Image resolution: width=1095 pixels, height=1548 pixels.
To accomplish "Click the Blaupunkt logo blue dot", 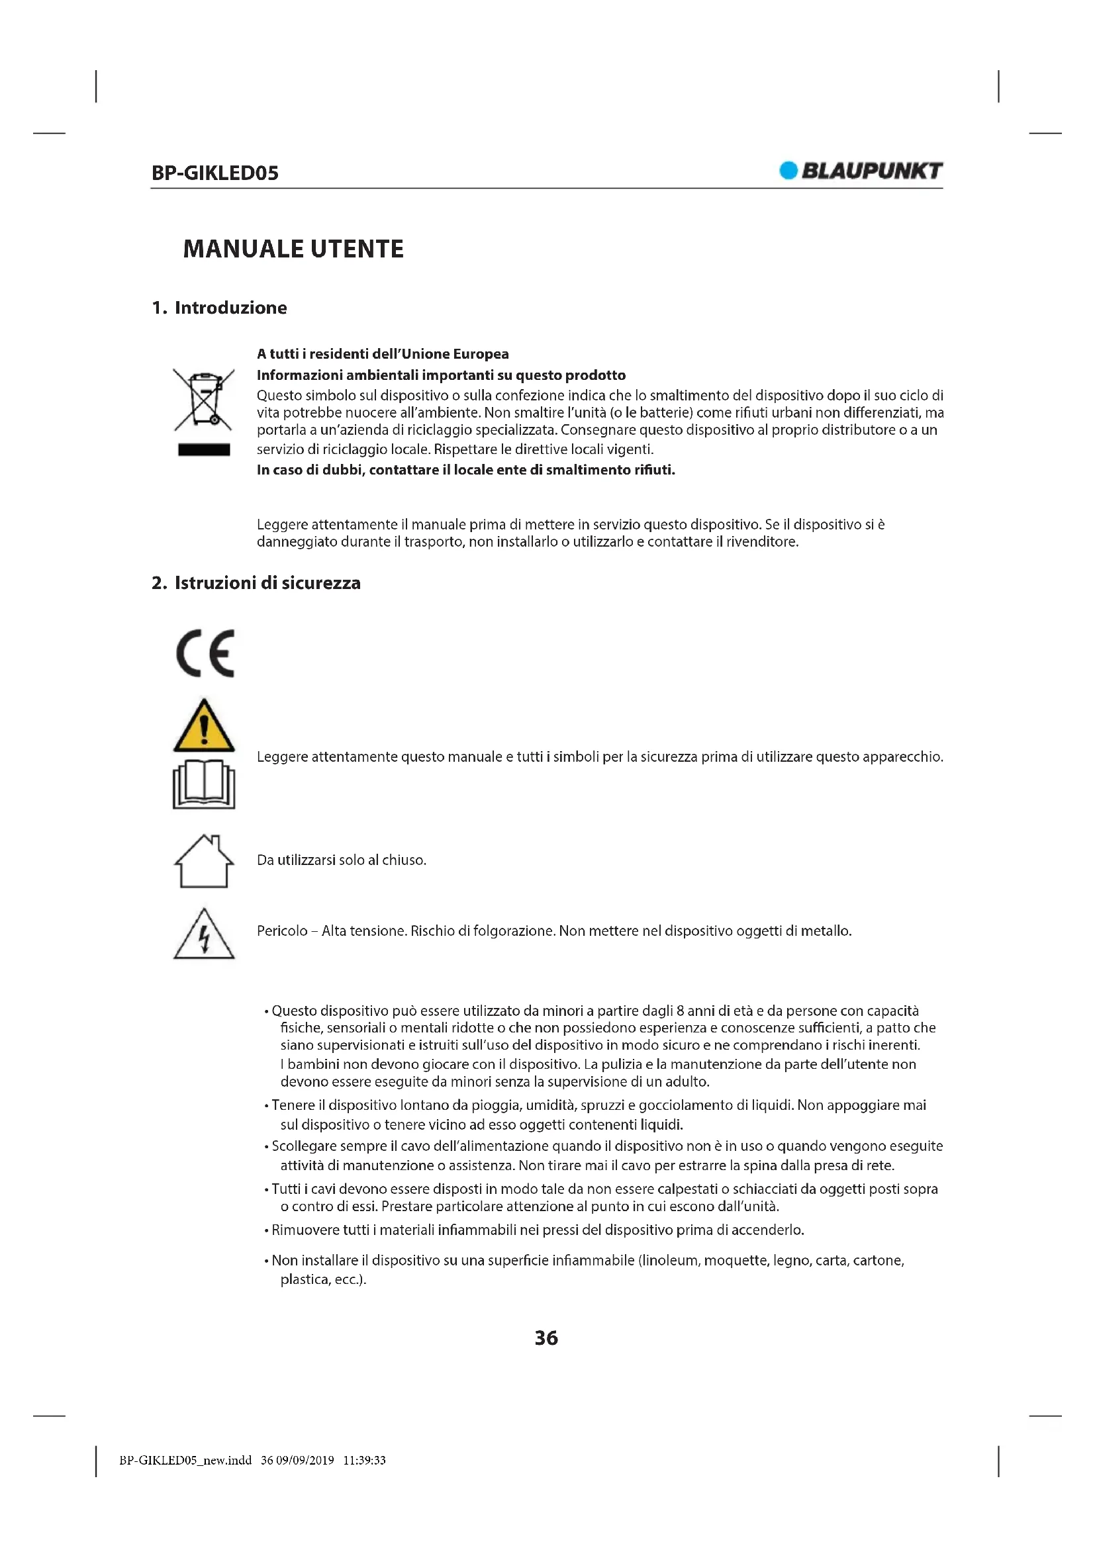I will [x=788, y=171].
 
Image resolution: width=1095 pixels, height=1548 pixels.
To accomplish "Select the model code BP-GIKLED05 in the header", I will [x=215, y=173].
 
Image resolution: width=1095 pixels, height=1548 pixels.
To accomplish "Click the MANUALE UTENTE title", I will [x=293, y=249].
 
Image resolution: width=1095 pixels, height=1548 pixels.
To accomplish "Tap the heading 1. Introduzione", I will [x=219, y=308].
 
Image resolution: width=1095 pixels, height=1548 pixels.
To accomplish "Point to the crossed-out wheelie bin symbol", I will [x=204, y=400].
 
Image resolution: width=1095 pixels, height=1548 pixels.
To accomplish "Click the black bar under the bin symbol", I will [x=204, y=449].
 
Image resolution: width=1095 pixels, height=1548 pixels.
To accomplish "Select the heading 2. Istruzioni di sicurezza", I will [x=256, y=582].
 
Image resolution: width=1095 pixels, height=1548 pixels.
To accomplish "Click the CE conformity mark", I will [x=205, y=653].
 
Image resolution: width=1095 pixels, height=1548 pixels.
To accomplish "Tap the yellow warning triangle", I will [x=204, y=727].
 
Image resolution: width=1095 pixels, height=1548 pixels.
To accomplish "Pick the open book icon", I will [x=204, y=784].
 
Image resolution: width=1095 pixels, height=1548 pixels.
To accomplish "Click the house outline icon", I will [x=204, y=861].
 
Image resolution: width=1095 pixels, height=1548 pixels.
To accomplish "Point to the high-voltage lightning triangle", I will [x=204, y=935].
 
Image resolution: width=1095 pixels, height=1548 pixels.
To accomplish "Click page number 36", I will [x=546, y=1338].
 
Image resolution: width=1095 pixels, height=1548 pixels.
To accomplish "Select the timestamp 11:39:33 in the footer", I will [x=364, y=1461].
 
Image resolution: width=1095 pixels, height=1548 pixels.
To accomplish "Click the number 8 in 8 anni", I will [x=681, y=1011].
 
